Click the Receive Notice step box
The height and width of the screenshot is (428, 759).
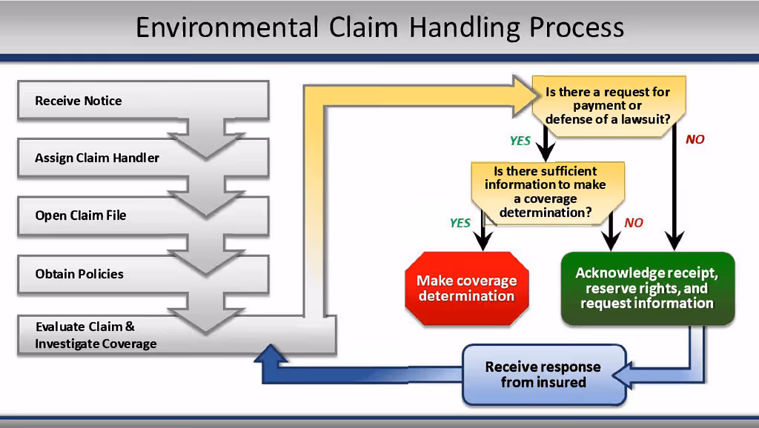coord(143,100)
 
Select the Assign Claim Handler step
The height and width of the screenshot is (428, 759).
coord(143,158)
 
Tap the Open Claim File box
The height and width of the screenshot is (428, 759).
coord(143,215)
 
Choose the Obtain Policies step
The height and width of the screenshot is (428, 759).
coord(143,274)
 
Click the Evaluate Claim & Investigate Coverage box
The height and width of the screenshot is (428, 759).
coord(176,335)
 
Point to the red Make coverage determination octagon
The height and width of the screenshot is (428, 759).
coord(467,288)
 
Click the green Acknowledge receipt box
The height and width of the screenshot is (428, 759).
coord(647,288)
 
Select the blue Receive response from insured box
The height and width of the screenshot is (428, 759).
coord(543,375)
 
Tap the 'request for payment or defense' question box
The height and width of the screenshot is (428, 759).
coord(609,106)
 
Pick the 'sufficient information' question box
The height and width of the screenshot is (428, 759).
coord(548,193)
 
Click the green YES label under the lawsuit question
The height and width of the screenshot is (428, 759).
coord(520,141)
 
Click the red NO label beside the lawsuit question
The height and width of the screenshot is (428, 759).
coord(695,140)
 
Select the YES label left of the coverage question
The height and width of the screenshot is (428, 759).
coord(460,223)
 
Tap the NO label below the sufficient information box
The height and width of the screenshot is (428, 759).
coord(634,223)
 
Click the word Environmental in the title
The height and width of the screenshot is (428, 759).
coord(228,27)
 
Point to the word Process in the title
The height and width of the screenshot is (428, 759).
coord(577,29)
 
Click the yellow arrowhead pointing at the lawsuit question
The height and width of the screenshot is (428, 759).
coord(526,96)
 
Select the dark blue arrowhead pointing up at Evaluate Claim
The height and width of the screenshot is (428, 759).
coord(271,353)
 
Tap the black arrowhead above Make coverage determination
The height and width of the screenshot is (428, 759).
coord(483,241)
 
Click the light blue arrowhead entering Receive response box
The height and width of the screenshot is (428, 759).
coord(622,375)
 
